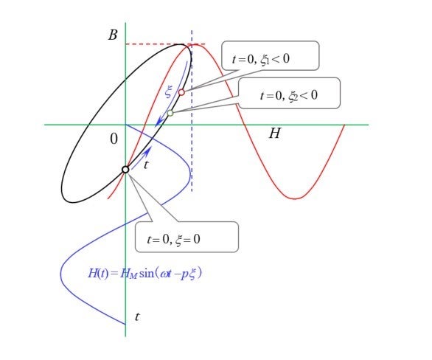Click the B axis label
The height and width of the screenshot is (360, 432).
coord(113,35)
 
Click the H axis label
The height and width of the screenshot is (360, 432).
coord(275,133)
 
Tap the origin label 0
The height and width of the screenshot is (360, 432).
coord(114,139)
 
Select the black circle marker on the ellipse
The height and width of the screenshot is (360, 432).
coord(125,170)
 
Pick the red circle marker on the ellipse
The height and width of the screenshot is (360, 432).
coord(181,92)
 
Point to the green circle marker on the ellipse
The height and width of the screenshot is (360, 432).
coord(170,113)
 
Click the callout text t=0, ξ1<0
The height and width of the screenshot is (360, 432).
coord(261,59)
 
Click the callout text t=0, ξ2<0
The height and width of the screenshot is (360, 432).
coord(289,96)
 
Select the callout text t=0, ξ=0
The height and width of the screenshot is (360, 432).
coord(173,239)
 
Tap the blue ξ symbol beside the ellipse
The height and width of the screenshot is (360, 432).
coord(169,92)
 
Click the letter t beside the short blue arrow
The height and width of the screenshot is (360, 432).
coord(146,165)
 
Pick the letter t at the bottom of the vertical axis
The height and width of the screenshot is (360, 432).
coord(137,316)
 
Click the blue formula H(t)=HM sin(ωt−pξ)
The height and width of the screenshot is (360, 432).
coord(145,273)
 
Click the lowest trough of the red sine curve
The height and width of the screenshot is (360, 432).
coord(295,198)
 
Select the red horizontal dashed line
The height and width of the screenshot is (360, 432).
coord(165,44)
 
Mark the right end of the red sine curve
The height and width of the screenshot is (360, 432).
coord(344,125)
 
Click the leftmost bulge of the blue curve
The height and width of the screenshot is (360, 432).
coord(61,274)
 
